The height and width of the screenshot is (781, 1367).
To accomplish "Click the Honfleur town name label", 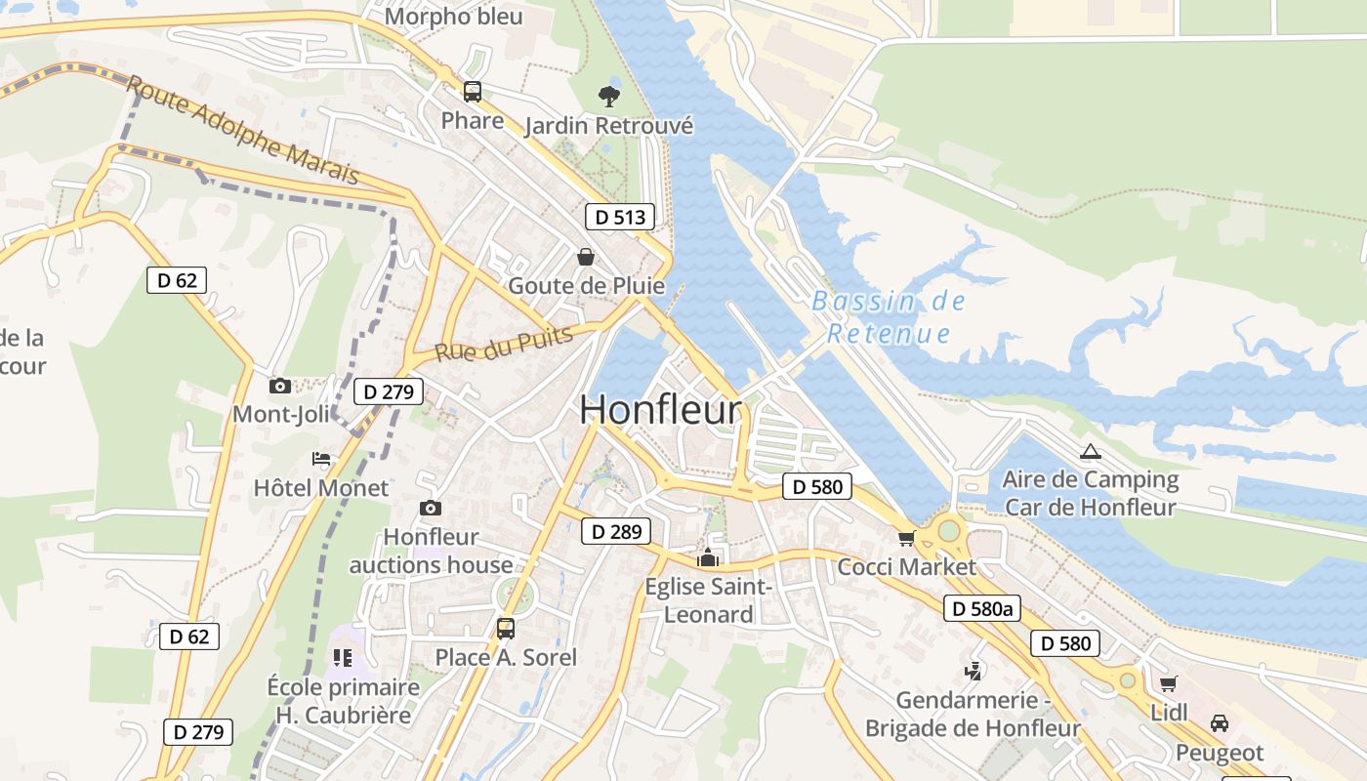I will coord(661,410).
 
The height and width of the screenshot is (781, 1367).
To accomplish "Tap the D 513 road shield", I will coord(620,217).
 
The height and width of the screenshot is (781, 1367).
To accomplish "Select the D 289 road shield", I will coord(616,531).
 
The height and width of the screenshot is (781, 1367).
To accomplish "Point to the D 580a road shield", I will coord(982,609).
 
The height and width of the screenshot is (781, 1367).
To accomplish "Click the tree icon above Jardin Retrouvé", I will coord(609,96).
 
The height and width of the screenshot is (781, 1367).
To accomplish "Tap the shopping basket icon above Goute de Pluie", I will coord(586,257).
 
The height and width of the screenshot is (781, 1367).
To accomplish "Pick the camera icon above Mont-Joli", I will coord(280,386).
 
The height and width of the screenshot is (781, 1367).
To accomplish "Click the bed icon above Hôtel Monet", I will coord(321,459).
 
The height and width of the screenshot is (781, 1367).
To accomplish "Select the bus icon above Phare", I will coord(473,92).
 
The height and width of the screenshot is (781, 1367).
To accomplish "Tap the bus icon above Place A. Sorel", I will coord(505,629).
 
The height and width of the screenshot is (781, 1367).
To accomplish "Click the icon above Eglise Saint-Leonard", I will coord(708,558).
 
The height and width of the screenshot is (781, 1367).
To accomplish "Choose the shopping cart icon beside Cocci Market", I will coord(907,538).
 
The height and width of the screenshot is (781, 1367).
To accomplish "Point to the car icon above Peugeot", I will coord(1220,723).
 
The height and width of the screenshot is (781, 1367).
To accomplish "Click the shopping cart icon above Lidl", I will coord(1168,683).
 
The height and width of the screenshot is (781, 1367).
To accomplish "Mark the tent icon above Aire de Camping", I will coord(1090,451).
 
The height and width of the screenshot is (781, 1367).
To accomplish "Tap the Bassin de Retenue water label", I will coord(889,317).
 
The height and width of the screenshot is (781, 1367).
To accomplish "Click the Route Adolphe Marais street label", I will coord(243,131).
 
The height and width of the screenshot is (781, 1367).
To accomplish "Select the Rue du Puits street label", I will coord(489,344).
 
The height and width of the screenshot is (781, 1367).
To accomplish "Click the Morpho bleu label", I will coord(453,17).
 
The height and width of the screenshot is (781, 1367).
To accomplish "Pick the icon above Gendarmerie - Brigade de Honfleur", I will coord(973,671).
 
